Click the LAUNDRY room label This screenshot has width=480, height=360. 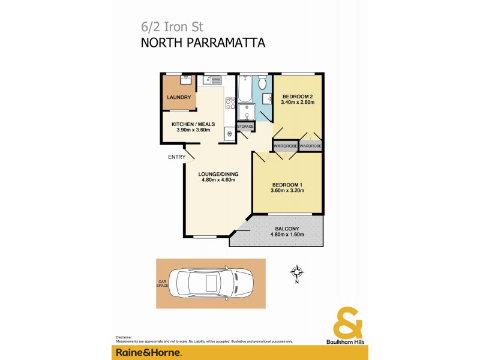pos(179,97)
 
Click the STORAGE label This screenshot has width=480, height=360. pos(245,127)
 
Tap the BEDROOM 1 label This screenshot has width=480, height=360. pos(288,185)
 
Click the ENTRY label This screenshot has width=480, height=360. pos(176,157)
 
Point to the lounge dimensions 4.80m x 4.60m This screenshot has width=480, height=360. pos(217,179)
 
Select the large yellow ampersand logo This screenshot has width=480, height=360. pos(348,323)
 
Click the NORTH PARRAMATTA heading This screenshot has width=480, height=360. pos(202,43)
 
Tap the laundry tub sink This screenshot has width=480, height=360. pos(186,79)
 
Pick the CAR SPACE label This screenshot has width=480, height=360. pos(161,283)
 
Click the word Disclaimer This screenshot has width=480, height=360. pos(124,338)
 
